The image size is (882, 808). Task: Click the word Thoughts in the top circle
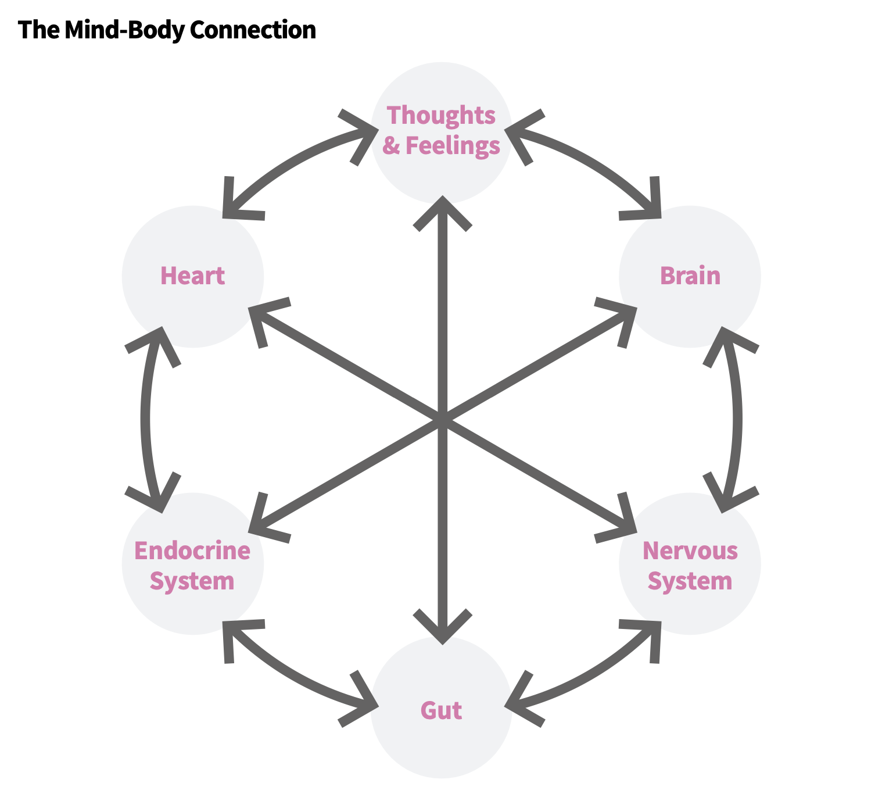pyautogui.click(x=441, y=115)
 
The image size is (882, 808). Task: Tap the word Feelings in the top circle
pyautogui.click(x=453, y=145)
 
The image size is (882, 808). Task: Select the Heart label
pyautogui.click(x=192, y=276)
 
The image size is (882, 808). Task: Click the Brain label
pyautogui.click(x=690, y=276)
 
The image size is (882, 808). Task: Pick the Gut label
pyautogui.click(x=441, y=710)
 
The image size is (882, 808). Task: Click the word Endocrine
pyautogui.click(x=192, y=550)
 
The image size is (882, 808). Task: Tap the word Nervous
pyautogui.click(x=690, y=550)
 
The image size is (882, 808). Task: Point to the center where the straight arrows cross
pyautogui.click(x=443, y=419)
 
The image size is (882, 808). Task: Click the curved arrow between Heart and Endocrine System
pyautogui.click(x=146, y=419)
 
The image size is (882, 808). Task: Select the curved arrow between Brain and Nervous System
pyautogui.click(x=737, y=419)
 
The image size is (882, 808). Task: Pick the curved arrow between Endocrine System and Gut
pyautogui.click(x=291, y=674)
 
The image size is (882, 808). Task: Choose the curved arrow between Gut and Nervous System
pyautogui.click(x=593, y=674)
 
